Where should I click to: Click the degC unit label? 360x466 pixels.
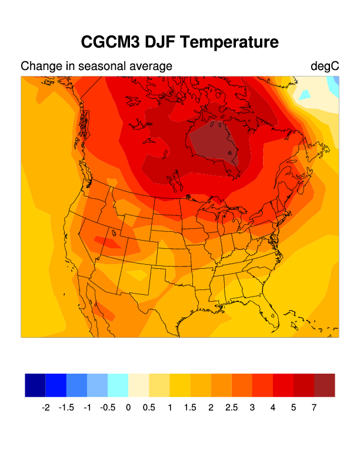pyautogui.click(x=325, y=66)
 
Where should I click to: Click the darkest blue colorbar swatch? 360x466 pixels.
pyautogui.click(x=35, y=385)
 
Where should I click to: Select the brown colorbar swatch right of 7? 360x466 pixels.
pyautogui.click(x=325, y=385)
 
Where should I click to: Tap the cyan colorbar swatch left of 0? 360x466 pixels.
pyautogui.click(x=118, y=385)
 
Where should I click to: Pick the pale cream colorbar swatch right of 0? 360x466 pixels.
pyautogui.click(x=139, y=385)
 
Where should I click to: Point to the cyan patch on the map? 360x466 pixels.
pyautogui.click(x=305, y=94)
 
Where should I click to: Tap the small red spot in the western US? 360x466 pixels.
pyautogui.click(x=109, y=241)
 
